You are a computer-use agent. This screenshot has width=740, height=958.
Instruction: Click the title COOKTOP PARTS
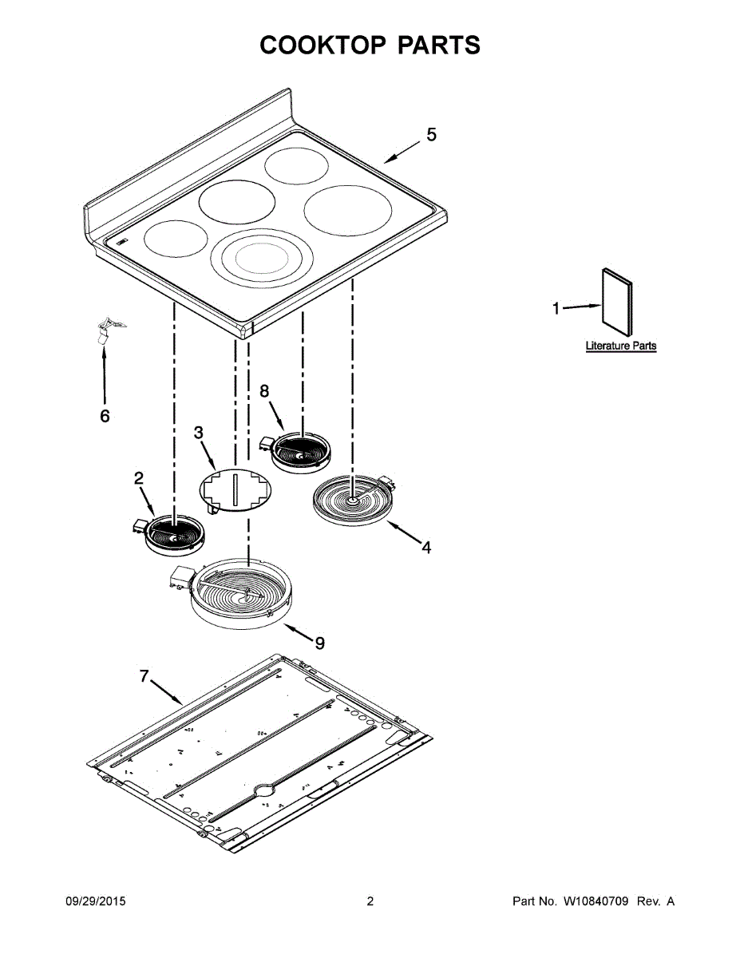click(x=370, y=46)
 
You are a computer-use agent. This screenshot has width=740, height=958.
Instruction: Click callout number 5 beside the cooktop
click(x=431, y=135)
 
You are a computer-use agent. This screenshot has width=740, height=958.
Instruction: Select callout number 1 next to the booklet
click(x=557, y=307)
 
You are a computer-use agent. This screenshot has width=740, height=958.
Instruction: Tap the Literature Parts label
click(x=621, y=346)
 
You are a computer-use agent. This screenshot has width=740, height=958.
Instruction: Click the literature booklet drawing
click(x=615, y=300)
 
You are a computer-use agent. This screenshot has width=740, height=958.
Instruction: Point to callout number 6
click(x=105, y=416)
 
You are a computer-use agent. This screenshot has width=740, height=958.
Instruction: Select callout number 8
click(x=264, y=390)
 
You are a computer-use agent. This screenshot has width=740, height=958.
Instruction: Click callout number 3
click(x=199, y=432)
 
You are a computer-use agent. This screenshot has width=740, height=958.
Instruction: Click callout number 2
click(x=138, y=478)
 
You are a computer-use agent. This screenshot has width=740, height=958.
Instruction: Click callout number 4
click(x=426, y=548)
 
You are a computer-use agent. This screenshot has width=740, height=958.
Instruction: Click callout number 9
click(x=319, y=643)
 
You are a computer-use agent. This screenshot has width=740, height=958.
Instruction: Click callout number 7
click(x=144, y=676)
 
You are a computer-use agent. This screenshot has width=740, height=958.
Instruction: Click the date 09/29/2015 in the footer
click(x=95, y=901)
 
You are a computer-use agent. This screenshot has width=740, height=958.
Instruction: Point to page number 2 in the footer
click(x=370, y=901)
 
